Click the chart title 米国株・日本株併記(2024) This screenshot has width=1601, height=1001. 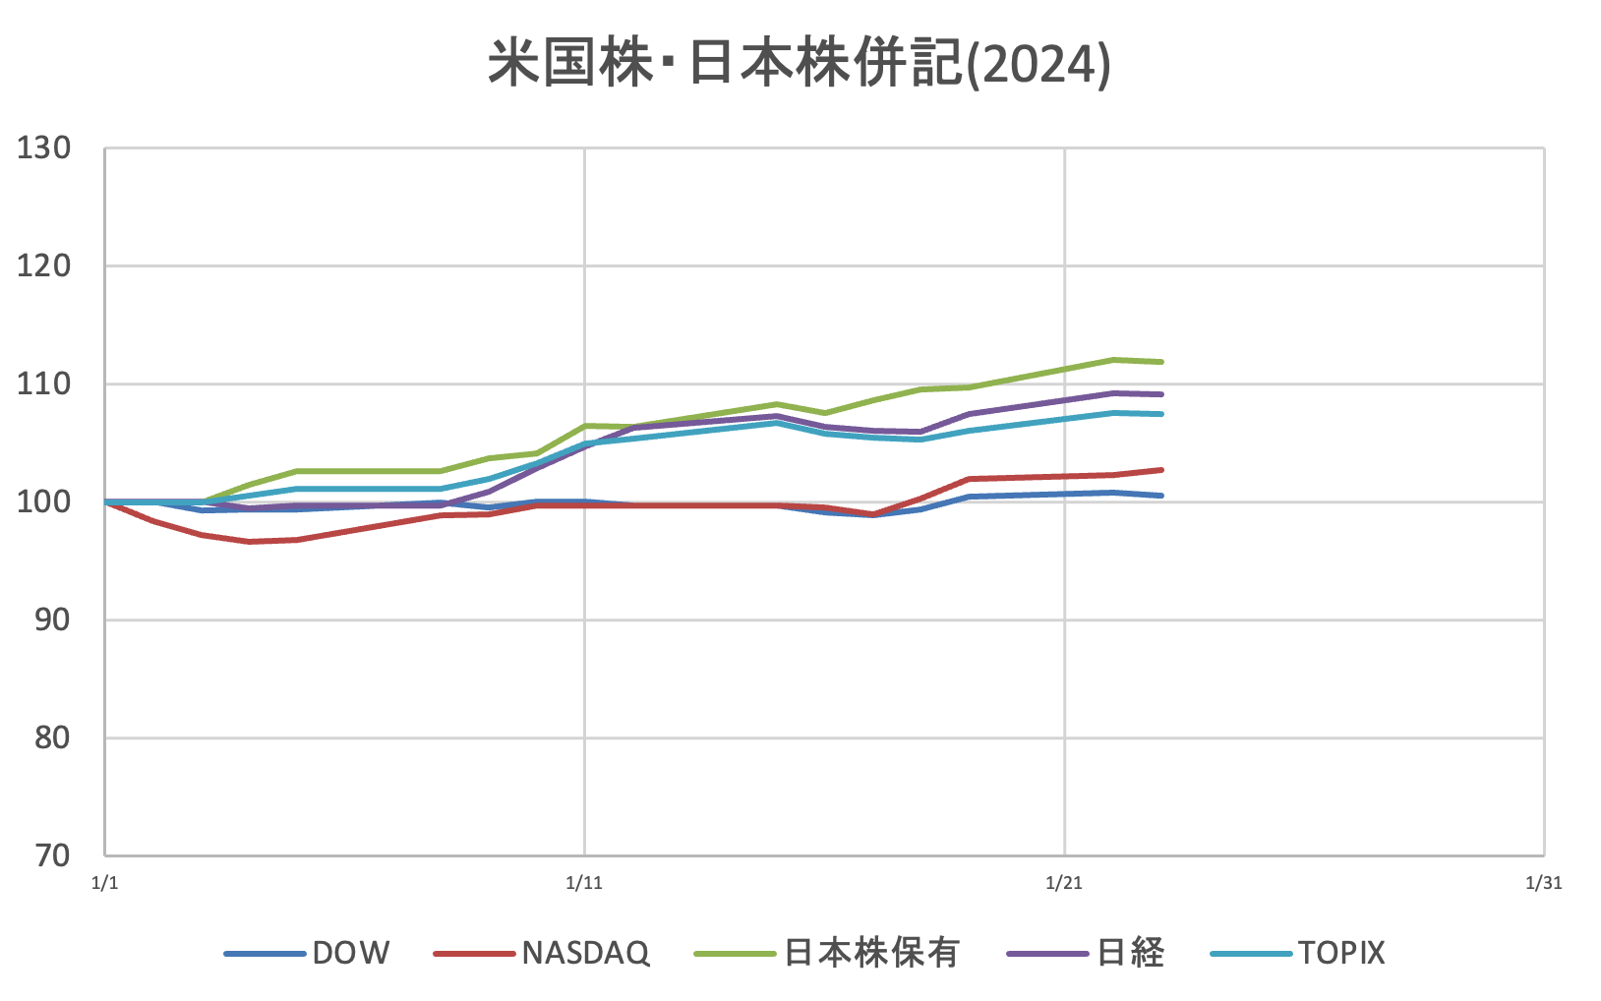(x=800, y=65)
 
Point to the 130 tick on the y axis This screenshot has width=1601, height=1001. (x=44, y=148)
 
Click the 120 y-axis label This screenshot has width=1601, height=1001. (x=44, y=265)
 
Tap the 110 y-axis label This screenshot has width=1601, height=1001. (x=44, y=383)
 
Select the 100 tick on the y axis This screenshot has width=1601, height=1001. (x=44, y=501)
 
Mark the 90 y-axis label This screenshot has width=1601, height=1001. (x=52, y=619)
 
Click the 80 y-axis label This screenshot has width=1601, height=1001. (x=52, y=737)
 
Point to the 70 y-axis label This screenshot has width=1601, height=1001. (x=52, y=855)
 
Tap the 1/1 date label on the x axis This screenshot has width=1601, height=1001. (x=104, y=883)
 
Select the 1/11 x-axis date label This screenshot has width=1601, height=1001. (x=584, y=883)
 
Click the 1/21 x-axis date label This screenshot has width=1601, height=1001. (x=1064, y=883)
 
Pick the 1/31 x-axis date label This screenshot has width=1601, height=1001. (x=1543, y=883)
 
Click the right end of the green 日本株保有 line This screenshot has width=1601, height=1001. (x=1161, y=362)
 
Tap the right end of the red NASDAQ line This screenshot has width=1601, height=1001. (x=1161, y=470)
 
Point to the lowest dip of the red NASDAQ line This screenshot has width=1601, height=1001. (x=249, y=542)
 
